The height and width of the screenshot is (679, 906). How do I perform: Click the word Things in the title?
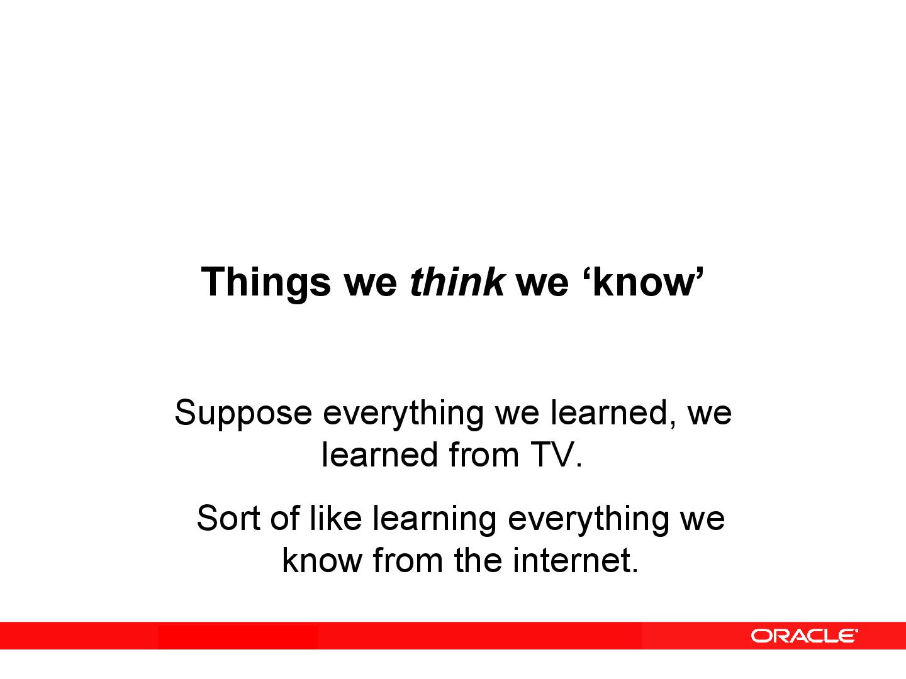tap(265, 282)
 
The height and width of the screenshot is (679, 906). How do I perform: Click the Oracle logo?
tap(803, 636)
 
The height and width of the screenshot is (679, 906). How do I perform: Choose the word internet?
tap(569, 560)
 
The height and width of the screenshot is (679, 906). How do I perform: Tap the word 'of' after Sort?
tap(284, 519)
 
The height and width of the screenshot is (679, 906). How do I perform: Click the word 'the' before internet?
tap(478, 560)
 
